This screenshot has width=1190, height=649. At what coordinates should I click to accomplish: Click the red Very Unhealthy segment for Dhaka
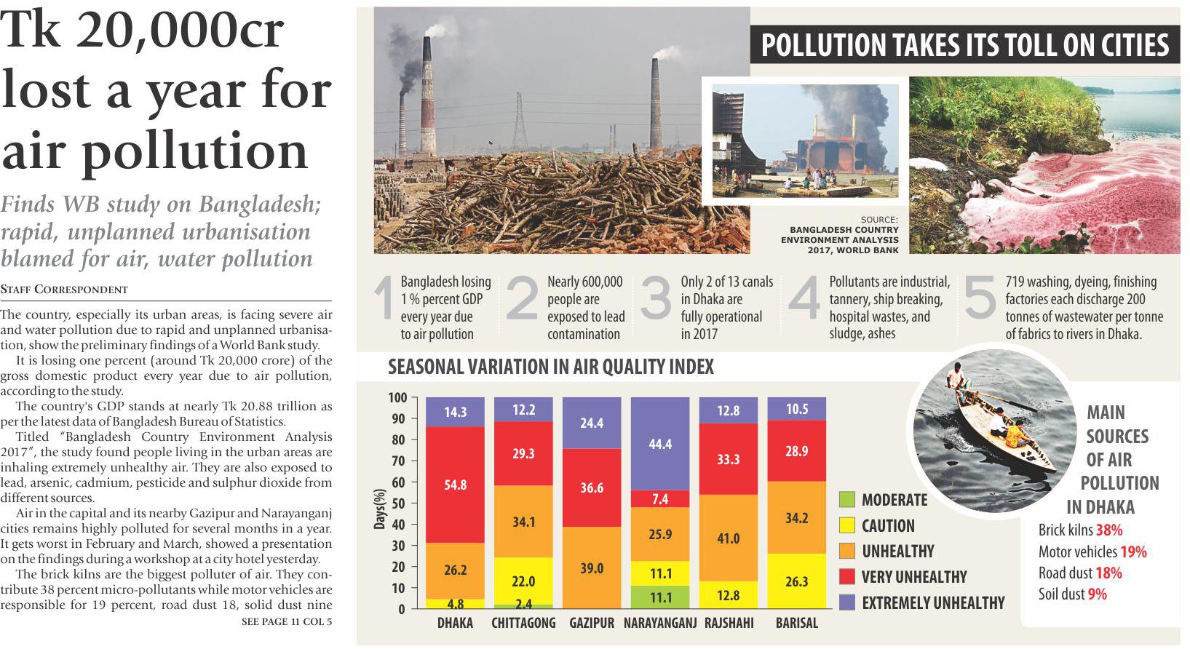(x=455, y=484)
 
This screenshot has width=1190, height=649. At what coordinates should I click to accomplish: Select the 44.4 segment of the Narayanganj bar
(x=659, y=444)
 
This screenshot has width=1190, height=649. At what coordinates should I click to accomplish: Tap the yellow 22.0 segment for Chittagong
(x=523, y=581)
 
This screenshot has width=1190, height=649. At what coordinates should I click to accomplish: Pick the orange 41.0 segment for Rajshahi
(x=728, y=538)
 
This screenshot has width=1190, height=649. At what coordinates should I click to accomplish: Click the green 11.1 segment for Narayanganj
(x=659, y=597)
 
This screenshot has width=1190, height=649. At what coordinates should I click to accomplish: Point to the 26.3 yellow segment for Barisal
(x=796, y=581)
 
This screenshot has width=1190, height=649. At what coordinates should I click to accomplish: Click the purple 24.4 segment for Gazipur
(x=591, y=423)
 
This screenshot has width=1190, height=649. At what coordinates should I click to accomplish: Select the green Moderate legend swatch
(x=846, y=500)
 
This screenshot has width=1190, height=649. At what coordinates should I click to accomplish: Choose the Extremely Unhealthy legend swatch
(x=846, y=602)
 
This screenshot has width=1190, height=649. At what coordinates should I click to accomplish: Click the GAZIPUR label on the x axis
(x=591, y=624)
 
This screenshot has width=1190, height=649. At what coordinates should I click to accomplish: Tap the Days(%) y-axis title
(x=378, y=503)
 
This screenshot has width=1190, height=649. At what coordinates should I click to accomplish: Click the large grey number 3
(x=655, y=300)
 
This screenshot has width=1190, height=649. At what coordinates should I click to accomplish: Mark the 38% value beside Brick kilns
(x=1109, y=530)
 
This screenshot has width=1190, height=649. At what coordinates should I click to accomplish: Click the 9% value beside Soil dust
(x=1097, y=594)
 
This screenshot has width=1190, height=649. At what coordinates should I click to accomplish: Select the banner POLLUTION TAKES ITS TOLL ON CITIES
(x=964, y=45)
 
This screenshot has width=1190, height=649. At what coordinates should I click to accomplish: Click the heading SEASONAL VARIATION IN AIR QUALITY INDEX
(x=551, y=367)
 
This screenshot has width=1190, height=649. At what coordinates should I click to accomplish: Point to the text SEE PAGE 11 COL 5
(x=287, y=622)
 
